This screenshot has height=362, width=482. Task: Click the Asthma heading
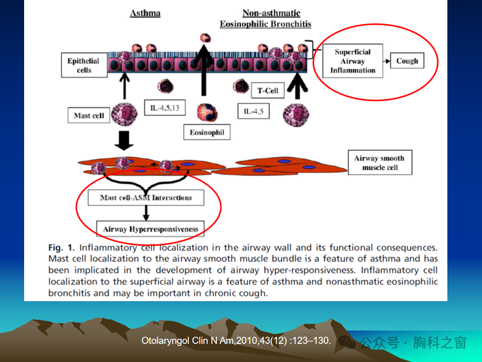(145, 13)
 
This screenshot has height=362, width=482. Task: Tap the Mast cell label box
(89, 115)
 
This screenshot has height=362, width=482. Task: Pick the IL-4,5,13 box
(165, 109)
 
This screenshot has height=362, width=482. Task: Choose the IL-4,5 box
(254, 112)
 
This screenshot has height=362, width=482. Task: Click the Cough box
(407, 61)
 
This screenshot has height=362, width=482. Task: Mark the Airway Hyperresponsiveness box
(150, 229)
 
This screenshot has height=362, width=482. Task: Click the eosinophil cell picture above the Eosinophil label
(207, 112)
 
